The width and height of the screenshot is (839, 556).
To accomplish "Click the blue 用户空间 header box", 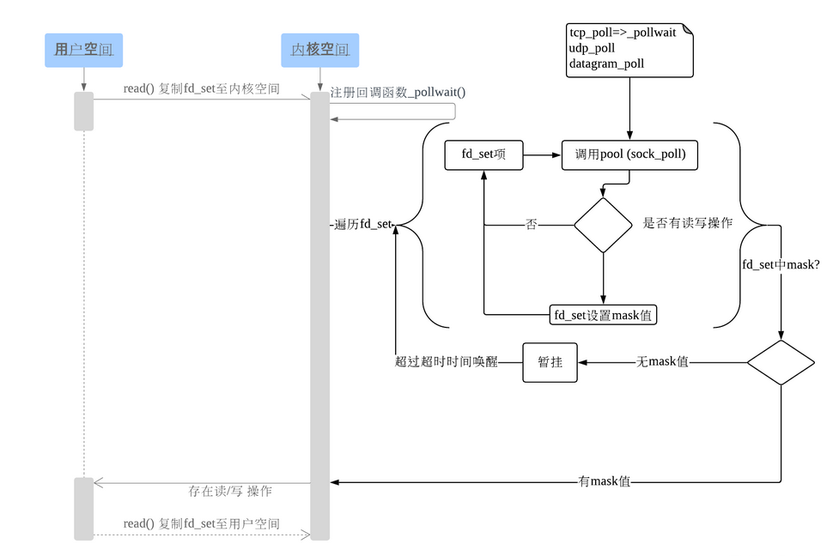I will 83,50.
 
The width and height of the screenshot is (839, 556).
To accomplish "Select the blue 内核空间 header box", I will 319,50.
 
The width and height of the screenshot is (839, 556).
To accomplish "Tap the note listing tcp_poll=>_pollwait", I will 630,49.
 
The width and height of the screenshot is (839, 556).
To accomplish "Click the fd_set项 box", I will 483,155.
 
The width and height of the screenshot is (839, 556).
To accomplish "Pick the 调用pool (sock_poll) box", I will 630,155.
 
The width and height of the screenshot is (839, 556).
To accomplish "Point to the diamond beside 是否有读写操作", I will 603,226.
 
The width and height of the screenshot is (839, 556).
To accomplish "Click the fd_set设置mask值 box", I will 603,315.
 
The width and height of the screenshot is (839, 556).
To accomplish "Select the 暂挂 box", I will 550,362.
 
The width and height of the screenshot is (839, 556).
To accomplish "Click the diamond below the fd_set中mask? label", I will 780,362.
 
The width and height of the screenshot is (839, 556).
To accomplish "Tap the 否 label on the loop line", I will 532,225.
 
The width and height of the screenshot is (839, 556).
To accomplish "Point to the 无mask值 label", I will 662,362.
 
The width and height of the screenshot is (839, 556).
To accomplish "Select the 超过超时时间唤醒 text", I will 447,362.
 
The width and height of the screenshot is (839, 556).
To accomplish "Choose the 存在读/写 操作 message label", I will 230,492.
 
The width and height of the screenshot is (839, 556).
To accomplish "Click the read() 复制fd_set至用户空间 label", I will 201,523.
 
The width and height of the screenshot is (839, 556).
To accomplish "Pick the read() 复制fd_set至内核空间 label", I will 201,88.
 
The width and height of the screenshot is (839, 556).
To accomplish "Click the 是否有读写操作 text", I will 688,223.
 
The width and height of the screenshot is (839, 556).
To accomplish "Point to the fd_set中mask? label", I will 781,265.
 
